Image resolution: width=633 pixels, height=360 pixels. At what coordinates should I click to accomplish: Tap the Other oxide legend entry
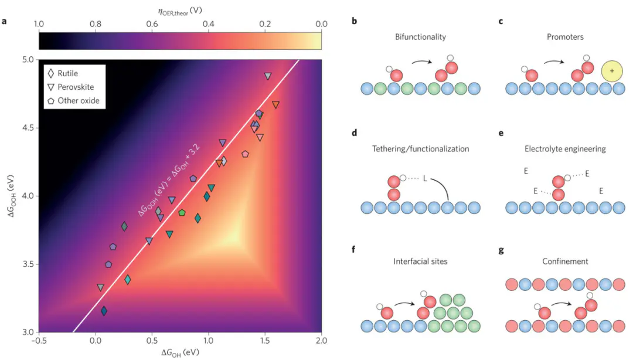point(78,100)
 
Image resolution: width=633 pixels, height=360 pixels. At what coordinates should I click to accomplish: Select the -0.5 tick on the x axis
point(39,339)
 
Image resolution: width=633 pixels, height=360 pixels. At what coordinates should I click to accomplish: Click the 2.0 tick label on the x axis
point(321,339)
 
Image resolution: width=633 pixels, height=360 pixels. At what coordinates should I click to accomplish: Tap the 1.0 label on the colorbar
point(39,24)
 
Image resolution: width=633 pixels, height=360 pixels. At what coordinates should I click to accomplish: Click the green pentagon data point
point(182,212)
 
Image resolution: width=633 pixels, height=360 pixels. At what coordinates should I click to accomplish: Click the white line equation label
point(170,185)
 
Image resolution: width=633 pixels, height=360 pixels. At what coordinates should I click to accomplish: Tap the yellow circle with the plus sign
point(612,71)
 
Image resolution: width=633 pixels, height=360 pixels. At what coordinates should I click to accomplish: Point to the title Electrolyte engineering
point(565,149)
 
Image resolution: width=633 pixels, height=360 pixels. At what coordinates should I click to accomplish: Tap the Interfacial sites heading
point(420,261)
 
